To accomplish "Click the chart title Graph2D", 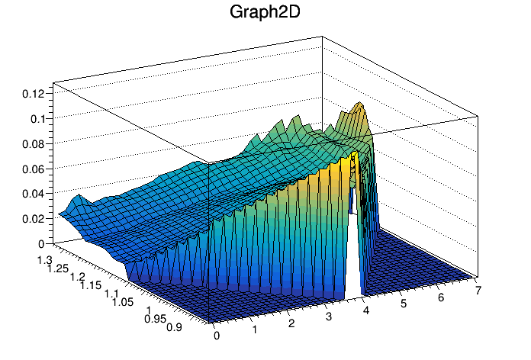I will [x=265, y=14].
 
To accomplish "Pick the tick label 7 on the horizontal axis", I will [x=477, y=290].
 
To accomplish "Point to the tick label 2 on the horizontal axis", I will [x=291, y=323].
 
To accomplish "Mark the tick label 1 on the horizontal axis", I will [x=254, y=329].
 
